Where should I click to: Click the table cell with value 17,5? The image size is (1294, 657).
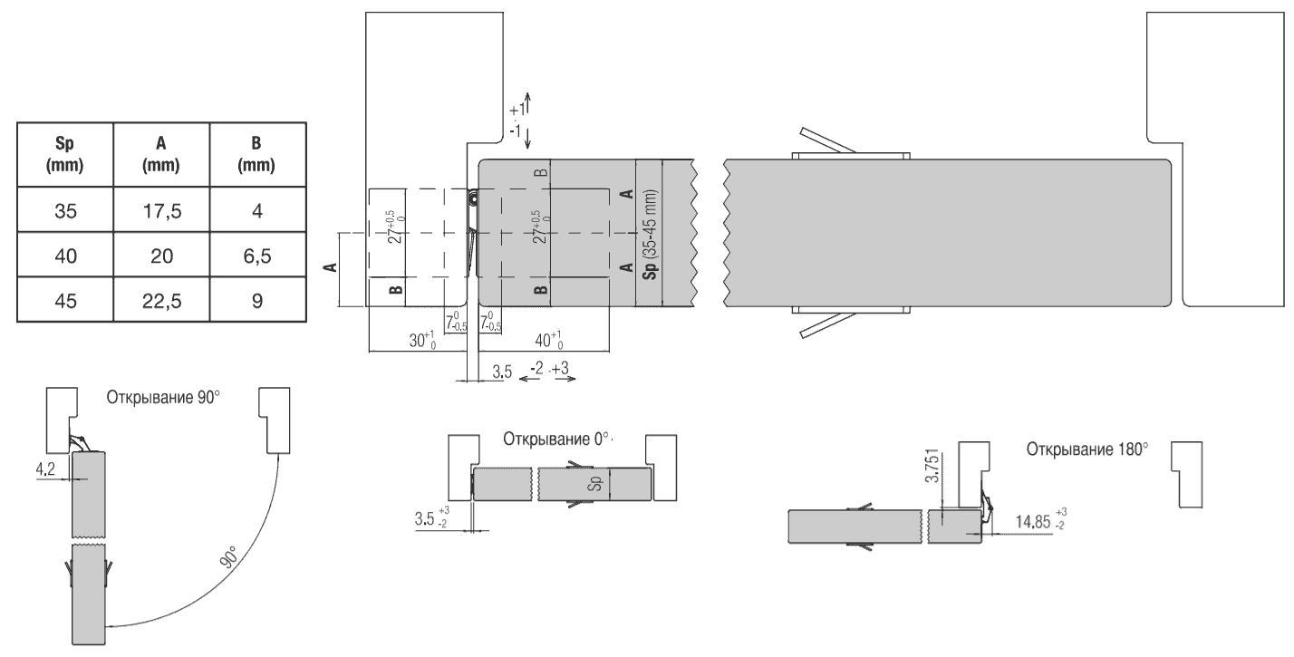161,209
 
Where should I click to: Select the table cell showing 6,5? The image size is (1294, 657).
257,255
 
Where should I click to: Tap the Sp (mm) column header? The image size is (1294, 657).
65,154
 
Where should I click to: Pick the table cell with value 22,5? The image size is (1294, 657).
161,300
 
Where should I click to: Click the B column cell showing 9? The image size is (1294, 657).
257,300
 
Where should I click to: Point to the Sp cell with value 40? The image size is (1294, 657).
65,255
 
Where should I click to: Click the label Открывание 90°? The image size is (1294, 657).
163,398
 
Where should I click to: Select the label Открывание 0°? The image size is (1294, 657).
555,440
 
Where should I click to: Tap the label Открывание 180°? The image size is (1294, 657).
1087,449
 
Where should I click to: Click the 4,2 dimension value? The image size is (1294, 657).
45,469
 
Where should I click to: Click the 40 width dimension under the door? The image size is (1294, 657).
549,340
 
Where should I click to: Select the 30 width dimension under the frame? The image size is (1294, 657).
422,340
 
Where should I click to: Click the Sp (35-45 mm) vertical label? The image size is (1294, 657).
650,234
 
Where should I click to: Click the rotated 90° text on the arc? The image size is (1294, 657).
229,557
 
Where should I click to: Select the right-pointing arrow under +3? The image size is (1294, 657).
564,379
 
